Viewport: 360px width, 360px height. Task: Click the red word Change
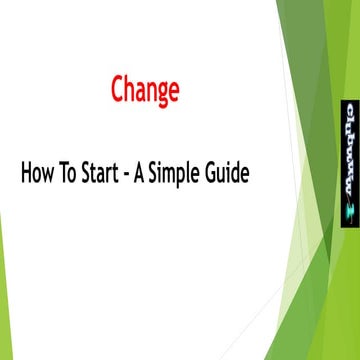tap(145, 90)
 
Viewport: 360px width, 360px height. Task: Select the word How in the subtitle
tap(36, 173)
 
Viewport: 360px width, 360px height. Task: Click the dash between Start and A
tap(133, 175)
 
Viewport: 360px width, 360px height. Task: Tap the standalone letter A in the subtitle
tap(147, 173)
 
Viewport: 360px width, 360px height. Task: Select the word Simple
tap(182, 174)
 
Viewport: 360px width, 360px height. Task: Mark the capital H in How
tap(25, 173)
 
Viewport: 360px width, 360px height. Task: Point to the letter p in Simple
tap(190, 176)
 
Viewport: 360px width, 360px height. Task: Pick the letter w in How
tap(46, 175)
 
